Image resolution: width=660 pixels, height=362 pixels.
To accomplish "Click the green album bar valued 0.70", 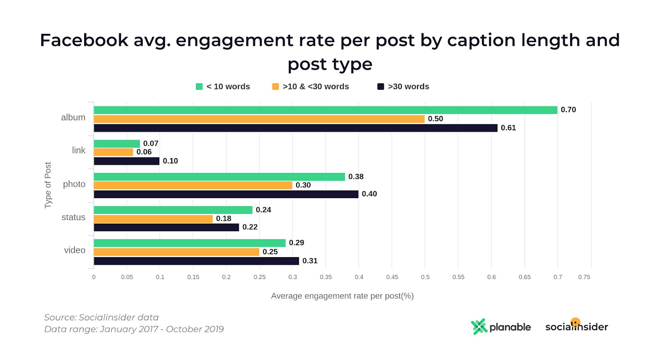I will [x=325, y=110].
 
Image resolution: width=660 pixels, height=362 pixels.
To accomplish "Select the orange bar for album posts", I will [x=259, y=119].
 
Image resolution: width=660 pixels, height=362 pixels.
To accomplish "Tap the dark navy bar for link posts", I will [x=127, y=161].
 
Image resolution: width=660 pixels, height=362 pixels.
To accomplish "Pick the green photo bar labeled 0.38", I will [x=219, y=177].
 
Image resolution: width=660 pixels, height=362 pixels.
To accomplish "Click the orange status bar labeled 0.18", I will [x=153, y=219].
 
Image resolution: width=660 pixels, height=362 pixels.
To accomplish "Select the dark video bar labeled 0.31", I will [x=196, y=261].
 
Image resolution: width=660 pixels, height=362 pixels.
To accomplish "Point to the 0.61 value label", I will [x=508, y=128].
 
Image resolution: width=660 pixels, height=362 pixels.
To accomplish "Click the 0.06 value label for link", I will [x=144, y=152].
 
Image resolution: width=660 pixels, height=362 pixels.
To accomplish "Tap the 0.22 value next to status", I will [x=250, y=227].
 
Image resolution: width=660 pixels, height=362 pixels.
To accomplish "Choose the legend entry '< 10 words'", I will [x=223, y=87].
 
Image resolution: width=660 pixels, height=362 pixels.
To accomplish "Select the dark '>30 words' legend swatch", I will [x=381, y=87].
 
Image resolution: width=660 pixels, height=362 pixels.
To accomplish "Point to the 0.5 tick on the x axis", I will [x=425, y=277].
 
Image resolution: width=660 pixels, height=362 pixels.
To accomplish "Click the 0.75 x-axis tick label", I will [x=584, y=277].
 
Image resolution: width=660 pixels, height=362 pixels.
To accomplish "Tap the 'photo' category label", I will [x=74, y=184].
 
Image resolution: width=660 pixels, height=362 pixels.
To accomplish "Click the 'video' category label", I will [x=75, y=250].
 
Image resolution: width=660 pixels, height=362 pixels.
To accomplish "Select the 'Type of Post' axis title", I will [x=48, y=185].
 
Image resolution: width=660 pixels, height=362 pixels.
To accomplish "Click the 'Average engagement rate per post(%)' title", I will [x=342, y=296].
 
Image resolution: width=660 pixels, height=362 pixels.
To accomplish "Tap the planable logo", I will [x=501, y=327].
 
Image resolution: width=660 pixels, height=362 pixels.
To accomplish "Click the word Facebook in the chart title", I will [x=84, y=40].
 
